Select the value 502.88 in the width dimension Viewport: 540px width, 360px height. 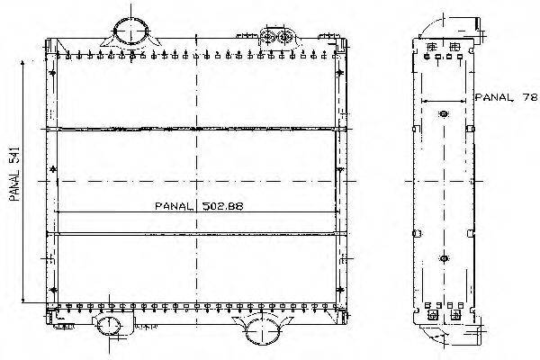click(x=223, y=206)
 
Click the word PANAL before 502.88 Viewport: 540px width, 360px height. click(x=174, y=206)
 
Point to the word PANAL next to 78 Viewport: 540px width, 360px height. click(x=494, y=97)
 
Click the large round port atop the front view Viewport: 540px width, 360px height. click(x=131, y=31)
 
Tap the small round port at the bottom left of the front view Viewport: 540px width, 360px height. click(x=109, y=325)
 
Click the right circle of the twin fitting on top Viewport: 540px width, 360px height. click(x=284, y=36)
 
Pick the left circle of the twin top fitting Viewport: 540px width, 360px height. click(x=267, y=36)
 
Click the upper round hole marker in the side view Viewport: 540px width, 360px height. click(x=444, y=113)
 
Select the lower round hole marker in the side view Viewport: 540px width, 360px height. click(x=444, y=258)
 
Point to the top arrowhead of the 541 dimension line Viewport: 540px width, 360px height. click(x=22, y=63)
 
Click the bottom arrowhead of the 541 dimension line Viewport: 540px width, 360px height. click(x=22, y=300)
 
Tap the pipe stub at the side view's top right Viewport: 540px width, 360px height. click(x=478, y=23)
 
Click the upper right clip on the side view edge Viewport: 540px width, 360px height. click(x=471, y=129)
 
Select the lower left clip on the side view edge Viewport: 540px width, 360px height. click(x=417, y=233)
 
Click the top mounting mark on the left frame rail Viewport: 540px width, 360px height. click(x=53, y=73)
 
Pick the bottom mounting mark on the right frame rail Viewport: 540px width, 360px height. click(x=340, y=290)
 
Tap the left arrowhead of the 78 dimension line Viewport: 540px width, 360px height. click(x=424, y=102)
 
